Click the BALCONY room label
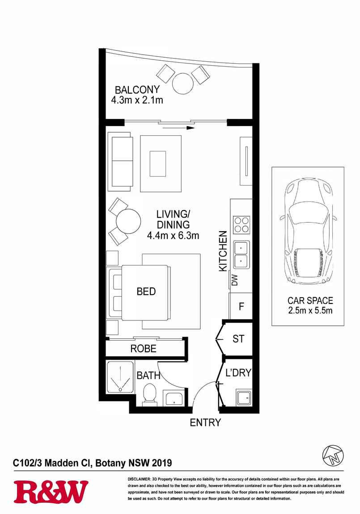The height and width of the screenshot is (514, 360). click(x=137, y=89)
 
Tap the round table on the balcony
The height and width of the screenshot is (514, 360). click(x=183, y=83)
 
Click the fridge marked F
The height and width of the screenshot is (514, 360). click(x=241, y=307)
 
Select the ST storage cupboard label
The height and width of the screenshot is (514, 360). click(x=238, y=339)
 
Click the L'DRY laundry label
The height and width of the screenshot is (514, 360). click(x=238, y=372)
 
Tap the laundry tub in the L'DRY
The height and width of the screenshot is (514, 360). click(x=244, y=397)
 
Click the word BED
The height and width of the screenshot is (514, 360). click(x=146, y=292)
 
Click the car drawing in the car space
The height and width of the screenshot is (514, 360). click(x=308, y=232)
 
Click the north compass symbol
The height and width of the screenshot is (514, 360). click(x=333, y=455)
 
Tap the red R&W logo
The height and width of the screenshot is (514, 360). click(x=51, y=492)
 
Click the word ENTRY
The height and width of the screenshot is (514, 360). click(x=205, y=422)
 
